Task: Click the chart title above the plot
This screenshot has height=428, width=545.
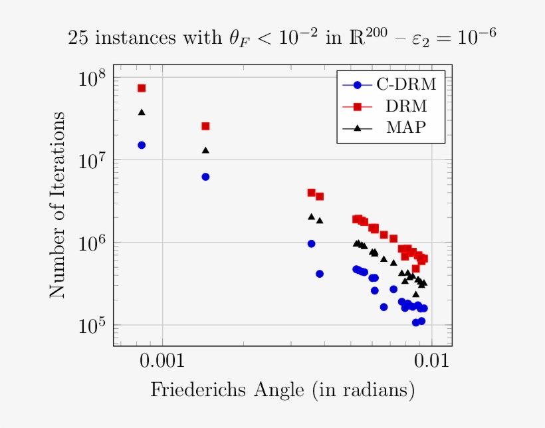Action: point(282,38)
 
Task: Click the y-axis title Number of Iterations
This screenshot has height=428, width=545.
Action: point(58,205)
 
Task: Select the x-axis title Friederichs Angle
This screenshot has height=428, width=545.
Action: point(282,389)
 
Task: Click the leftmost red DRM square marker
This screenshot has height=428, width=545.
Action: point(142,88)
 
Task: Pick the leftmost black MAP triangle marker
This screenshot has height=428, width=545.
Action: point(142,112)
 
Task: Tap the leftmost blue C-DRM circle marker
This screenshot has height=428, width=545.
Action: point(142,145)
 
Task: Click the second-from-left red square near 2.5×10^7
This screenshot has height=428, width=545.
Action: point(205,126)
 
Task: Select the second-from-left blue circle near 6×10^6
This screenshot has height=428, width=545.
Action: point(205,177)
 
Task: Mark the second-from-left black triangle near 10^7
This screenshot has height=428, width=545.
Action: point(205,150)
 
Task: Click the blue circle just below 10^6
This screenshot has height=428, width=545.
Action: point(311,244)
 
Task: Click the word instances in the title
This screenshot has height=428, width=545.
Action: point(135,39)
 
